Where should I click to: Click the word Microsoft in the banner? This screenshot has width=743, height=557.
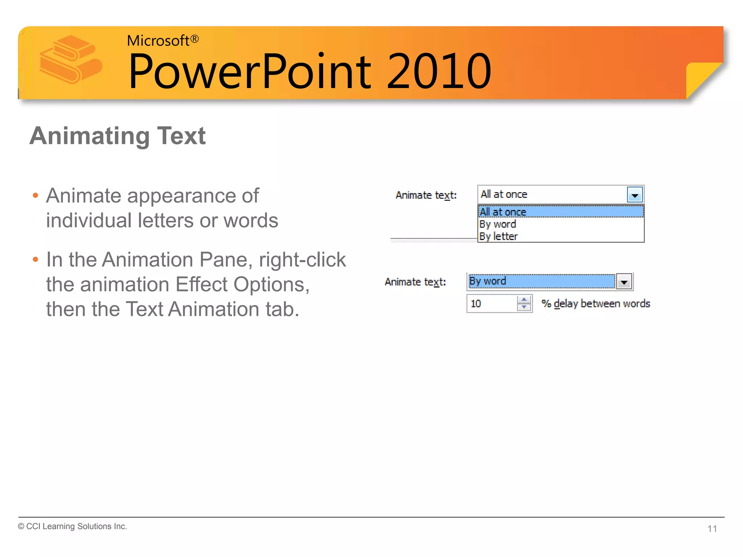(157, 41)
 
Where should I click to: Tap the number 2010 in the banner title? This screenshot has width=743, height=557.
(439, 71)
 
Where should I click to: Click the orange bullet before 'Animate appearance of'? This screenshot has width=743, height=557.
(35, 196)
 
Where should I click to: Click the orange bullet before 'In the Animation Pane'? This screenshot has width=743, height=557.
(35, 260)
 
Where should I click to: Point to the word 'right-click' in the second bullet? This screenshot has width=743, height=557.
(302, 260)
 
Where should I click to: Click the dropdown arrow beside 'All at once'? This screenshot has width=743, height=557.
(635, 195)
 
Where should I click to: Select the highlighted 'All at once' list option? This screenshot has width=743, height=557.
(503, 212)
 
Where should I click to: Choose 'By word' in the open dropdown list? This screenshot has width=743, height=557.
(497, 224)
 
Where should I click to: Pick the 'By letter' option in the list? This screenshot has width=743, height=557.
(498, 236)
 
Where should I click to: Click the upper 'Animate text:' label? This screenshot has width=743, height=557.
(426, 195)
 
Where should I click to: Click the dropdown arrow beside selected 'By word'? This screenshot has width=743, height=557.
(624, 282)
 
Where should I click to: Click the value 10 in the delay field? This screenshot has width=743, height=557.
(476, 304)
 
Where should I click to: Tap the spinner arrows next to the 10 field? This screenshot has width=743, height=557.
(524, 304)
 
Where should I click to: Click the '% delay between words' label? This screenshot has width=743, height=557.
(595, 304)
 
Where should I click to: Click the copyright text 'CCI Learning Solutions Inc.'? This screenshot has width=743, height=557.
(76, 526)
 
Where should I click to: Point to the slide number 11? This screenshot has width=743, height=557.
(712, 529)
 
